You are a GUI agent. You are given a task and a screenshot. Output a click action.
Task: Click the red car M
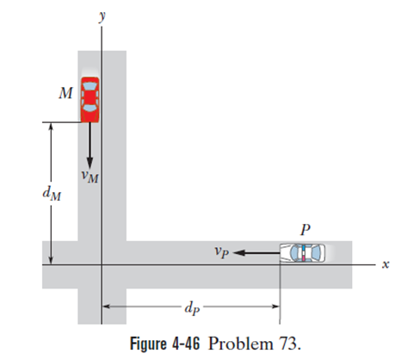click(x=89, y=100)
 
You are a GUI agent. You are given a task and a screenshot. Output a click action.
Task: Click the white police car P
click(x=303, y=253)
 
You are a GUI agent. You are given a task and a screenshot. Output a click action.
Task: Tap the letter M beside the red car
click(x=65, y=93)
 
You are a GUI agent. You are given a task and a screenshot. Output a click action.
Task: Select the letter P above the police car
click(x=305, y=229)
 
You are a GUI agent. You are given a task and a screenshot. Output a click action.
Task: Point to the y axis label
click(x=102, y=16)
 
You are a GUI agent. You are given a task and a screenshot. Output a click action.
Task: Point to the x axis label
click(x=386, y=264)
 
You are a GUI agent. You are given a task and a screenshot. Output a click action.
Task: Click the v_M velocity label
click(x=89, y=177)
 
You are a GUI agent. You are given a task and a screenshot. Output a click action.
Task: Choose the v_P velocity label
click(x=222, y=252)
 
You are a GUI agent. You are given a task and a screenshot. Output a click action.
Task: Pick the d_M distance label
click(x=52, y=193)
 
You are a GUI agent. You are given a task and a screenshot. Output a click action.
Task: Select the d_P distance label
click(x=192, y=308)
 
